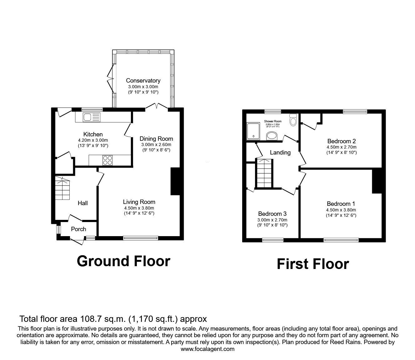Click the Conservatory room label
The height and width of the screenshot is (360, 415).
(143, 81)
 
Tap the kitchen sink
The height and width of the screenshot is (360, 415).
(87, 117)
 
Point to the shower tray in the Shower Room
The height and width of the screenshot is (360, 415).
(253, 131)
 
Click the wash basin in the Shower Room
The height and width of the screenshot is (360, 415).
(272, 136)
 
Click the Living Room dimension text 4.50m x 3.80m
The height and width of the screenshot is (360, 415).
(139, 208)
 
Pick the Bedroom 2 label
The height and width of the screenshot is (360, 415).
(342, 141)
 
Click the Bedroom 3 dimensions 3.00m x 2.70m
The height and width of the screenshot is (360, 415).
(272, 220)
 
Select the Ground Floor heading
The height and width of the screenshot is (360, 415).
(123, 261)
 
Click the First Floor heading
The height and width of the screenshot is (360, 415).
(313, 264)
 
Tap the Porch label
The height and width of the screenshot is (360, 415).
(78, 229)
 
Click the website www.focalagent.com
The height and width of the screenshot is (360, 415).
(207, 349)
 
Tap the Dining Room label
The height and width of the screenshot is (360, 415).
(156, 139)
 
